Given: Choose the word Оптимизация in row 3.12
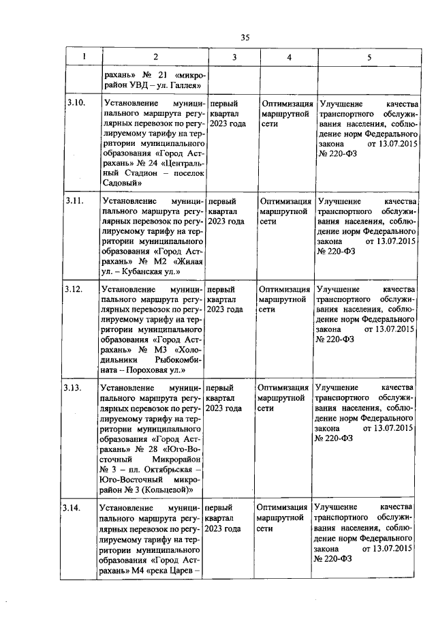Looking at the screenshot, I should pyautogui.click(x=285, y=289).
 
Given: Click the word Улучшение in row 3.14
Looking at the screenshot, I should pyautogui.click(x=336, y=508).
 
